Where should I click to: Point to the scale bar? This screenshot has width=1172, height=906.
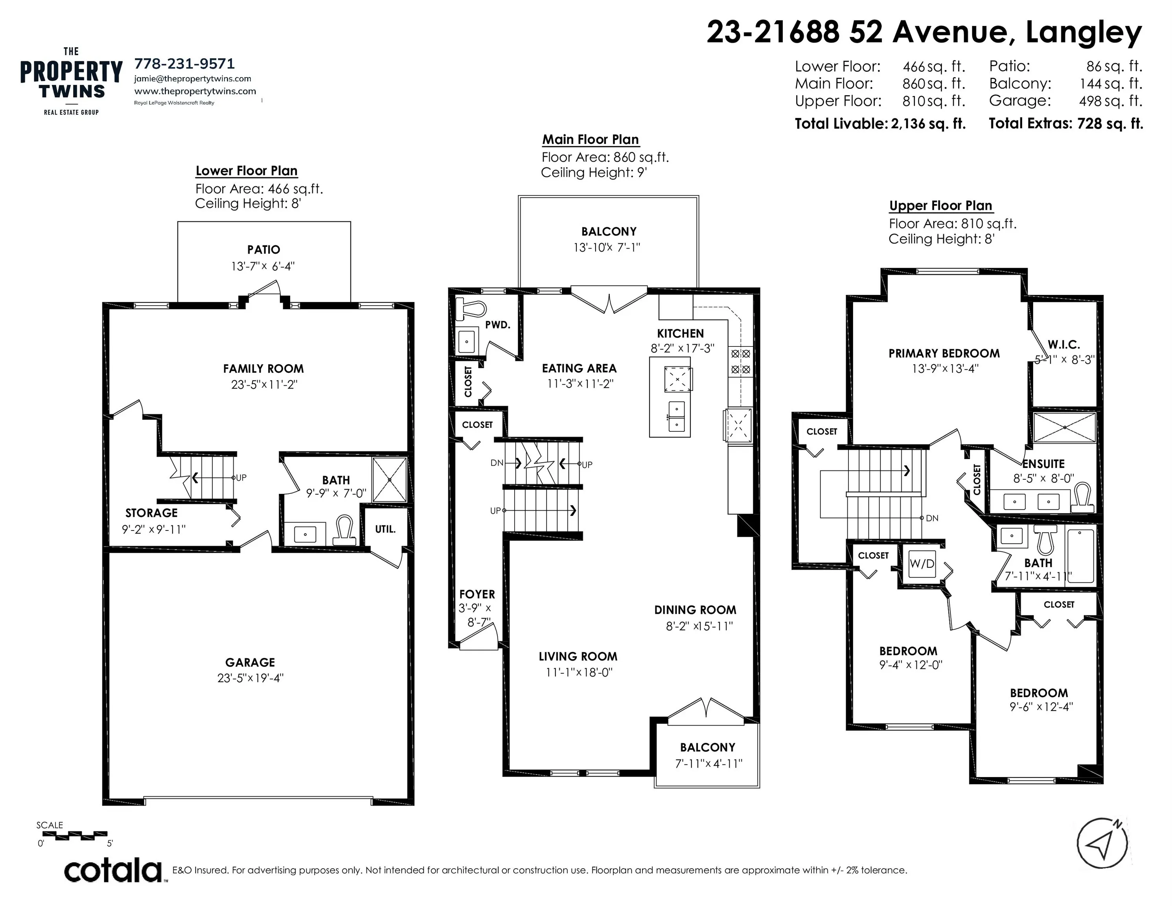pos(74,836)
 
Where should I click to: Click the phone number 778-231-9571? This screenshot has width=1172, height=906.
pos(184,64)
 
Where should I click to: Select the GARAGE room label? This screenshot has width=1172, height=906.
pos(250,662)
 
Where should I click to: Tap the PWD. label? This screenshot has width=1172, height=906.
pos(497,325)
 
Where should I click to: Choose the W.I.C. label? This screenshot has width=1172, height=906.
pos(1063,344)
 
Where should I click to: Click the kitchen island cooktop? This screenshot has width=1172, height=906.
pos(678,379)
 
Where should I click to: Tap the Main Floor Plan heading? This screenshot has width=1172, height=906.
pos(590,140)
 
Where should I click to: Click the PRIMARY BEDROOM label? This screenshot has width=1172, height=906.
pos(944,353)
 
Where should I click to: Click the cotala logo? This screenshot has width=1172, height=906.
pos(113,871)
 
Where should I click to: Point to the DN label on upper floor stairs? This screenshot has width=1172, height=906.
pos(932,518)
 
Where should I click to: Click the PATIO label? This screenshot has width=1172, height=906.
pos(263,250)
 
